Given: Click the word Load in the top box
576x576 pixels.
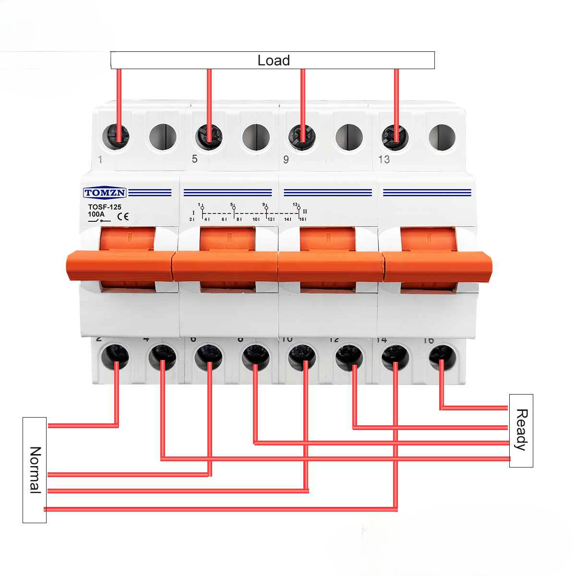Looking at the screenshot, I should click(x=274, y=60).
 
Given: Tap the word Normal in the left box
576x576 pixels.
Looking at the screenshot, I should click(x=35, y=469).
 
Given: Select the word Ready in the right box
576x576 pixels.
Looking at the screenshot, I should click(x=521, y=430).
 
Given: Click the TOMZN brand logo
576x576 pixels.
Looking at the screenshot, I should click(x=105, y=193).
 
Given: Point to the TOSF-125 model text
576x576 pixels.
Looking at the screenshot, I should click(x=105, y=207).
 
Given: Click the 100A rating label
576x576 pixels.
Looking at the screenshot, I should click(x=96, y=214).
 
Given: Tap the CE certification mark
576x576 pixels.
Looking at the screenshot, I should click(x=123, y=216).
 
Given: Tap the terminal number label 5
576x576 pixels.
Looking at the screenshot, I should click(x=194, y=159).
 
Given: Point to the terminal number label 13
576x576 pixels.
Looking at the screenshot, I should click(x=384, y=159).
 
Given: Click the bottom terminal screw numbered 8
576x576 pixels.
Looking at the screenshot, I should click(x=255, y=356).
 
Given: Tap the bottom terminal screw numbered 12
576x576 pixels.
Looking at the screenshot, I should click(x=349, y=356).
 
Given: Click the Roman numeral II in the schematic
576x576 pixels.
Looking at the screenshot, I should click(x=305, y=211).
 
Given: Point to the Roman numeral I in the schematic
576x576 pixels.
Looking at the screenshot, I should click(x=193, y=212).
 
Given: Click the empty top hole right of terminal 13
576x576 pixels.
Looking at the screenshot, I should click(x=442, y=137).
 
